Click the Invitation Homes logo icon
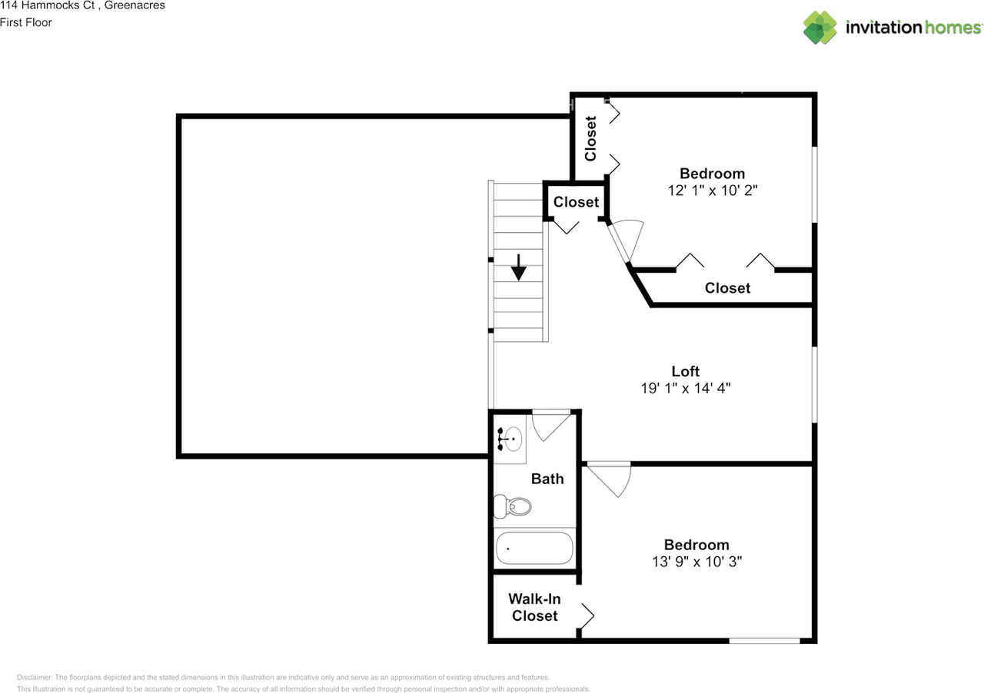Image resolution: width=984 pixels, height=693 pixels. click(x=820, y=28)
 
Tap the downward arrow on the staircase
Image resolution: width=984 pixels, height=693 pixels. click(x=519, y=267)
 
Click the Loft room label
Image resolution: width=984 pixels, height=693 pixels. click(x=685, y=371)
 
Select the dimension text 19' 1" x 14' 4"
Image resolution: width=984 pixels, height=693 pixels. click(x=685, y=389)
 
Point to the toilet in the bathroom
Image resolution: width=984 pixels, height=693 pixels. click(x=512, y=506)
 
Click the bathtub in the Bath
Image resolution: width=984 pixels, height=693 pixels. click(x=534, y=549)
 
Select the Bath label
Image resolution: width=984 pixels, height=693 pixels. click(x=547, y=479)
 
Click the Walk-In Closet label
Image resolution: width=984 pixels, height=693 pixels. click(x=534, y=607)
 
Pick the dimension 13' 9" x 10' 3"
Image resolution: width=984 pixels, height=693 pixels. click(x=696, y=562)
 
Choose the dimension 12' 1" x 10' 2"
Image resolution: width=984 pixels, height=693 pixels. click(x=712, y=190)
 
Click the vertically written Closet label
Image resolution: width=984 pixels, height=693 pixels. click(x=590, y=138)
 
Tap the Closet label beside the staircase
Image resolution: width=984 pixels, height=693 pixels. click(x=576, y=202)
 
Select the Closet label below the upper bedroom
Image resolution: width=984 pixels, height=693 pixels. click(x=727, y=288)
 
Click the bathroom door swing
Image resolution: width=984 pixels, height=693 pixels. click(x=550, y=425)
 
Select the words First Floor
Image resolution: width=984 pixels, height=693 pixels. click(x=26, y=22)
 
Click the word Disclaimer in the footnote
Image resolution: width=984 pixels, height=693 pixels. click(x=35, y=678)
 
